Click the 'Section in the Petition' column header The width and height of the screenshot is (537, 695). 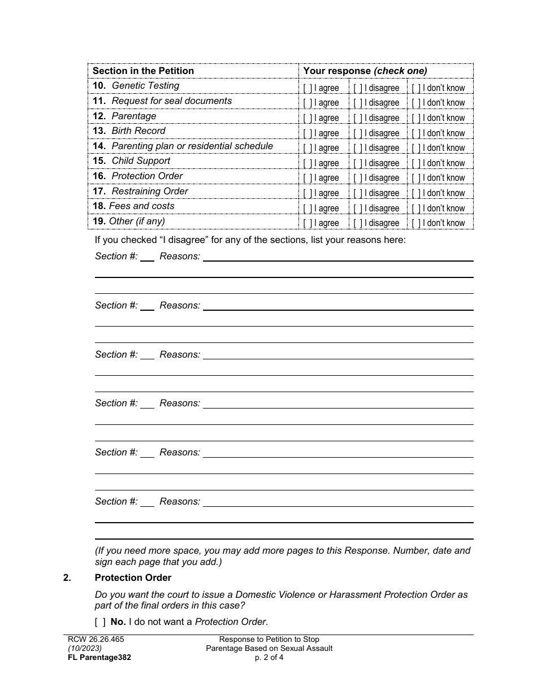click(x=143, y=71)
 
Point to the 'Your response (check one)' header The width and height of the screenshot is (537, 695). click(x=365, y=71)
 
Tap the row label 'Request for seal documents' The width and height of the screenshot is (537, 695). click(x=171, y=101)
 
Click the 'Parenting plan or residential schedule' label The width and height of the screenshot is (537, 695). click(x=192, y=146)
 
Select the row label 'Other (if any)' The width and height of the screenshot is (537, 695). click(x=137, y=221)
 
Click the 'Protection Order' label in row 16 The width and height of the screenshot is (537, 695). click(x=147, y=176)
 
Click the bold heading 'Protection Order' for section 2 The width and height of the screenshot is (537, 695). click(x=133, y=577)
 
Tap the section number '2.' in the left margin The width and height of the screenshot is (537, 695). click(x=67, y=577)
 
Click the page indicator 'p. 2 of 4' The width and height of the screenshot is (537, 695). click(x=269, y=657)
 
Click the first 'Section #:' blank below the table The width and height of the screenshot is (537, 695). click(x=147, y=257)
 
